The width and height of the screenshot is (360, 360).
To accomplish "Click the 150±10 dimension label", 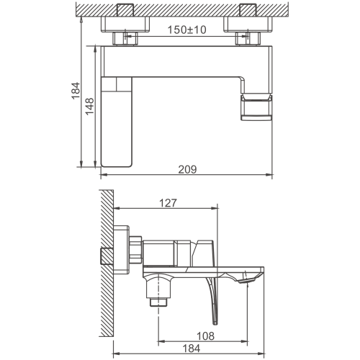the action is coord(186,30).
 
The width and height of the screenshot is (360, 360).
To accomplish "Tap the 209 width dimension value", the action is coord(187,169).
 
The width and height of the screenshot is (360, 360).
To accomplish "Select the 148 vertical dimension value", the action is coord(90,107).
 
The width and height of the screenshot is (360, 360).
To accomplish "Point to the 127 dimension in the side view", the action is coord(168,203).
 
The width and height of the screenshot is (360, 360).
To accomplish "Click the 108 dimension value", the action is coord(205,336).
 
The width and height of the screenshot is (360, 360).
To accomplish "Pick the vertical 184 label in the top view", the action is coord(76,91).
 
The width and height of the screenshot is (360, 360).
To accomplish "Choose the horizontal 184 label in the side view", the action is coord(192,348).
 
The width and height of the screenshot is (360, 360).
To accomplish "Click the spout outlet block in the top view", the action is coord(256,107).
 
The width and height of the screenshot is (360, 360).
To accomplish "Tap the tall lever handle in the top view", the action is coord(117,122).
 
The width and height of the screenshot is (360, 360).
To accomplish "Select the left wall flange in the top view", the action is coord(125,24).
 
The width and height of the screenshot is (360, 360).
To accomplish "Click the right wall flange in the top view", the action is coord(248,24).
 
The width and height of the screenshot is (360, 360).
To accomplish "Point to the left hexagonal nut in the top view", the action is coord(125,39).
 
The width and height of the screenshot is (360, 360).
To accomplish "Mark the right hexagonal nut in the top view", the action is coord(248,39).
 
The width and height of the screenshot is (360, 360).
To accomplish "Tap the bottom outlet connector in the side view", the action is coord(158,302).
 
